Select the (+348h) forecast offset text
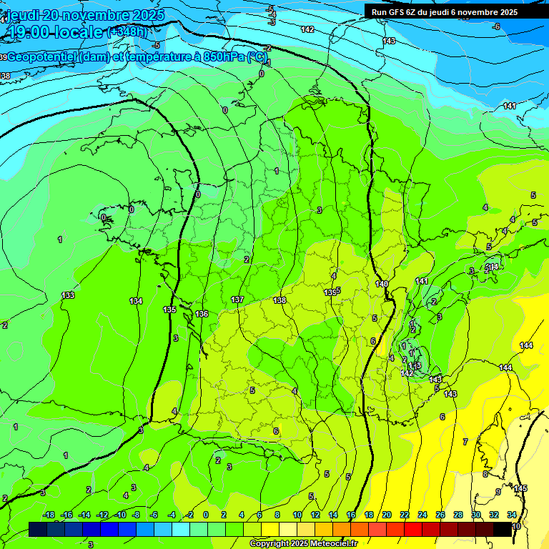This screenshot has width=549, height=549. (x=127, y=32)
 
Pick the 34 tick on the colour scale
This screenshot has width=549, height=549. (x=512, y=515)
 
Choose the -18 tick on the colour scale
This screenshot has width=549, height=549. (x=49, y=515)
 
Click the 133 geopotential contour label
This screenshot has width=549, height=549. (x=68, y=295)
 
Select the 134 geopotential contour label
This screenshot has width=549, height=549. (x=136, y=301)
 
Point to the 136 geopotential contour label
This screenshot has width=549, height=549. (x=202, y=314)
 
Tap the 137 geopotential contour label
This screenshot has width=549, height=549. (x=237, y=300)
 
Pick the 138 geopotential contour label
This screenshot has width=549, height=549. (x=280, y=300)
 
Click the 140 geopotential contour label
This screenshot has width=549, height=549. (x=382, y=284)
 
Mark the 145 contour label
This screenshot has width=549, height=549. (x=520, y=488)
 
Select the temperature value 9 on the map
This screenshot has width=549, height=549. (x=498, y=492)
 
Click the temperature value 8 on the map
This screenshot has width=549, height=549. (x=485, y=474)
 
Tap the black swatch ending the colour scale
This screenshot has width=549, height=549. (x=503, y=529)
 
